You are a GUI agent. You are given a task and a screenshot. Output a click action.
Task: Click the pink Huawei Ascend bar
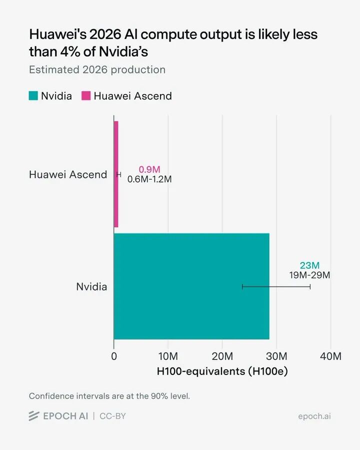116,174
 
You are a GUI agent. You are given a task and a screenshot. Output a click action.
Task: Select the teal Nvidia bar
191,286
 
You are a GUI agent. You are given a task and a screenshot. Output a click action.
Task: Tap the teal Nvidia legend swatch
33,95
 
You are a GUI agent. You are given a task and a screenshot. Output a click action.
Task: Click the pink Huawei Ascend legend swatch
86,95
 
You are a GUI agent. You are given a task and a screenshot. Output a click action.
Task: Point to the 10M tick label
168,356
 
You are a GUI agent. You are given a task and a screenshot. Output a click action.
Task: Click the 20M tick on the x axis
222,356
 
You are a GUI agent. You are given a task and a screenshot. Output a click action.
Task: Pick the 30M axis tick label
276,356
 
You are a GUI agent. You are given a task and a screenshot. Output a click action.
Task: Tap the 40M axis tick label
330,356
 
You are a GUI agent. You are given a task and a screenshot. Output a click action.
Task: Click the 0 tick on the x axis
114,356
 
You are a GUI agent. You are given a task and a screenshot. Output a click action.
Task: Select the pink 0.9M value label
149,169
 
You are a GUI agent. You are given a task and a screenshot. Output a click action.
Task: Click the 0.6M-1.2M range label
149,179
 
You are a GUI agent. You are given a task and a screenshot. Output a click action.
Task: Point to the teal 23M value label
310,265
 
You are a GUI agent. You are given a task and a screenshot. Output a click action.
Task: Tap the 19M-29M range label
310,275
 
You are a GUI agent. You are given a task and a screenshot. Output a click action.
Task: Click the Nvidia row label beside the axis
91,286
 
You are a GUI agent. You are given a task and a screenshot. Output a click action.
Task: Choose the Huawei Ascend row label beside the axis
68,174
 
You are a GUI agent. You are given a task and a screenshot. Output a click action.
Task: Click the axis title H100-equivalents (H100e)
222,371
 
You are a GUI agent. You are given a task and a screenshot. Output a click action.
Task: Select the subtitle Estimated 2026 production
97,69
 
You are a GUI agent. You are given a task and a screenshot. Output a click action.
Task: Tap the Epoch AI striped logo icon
34,416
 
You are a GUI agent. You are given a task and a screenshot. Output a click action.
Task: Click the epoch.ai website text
314,416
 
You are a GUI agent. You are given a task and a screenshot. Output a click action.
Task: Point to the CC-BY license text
112,416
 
